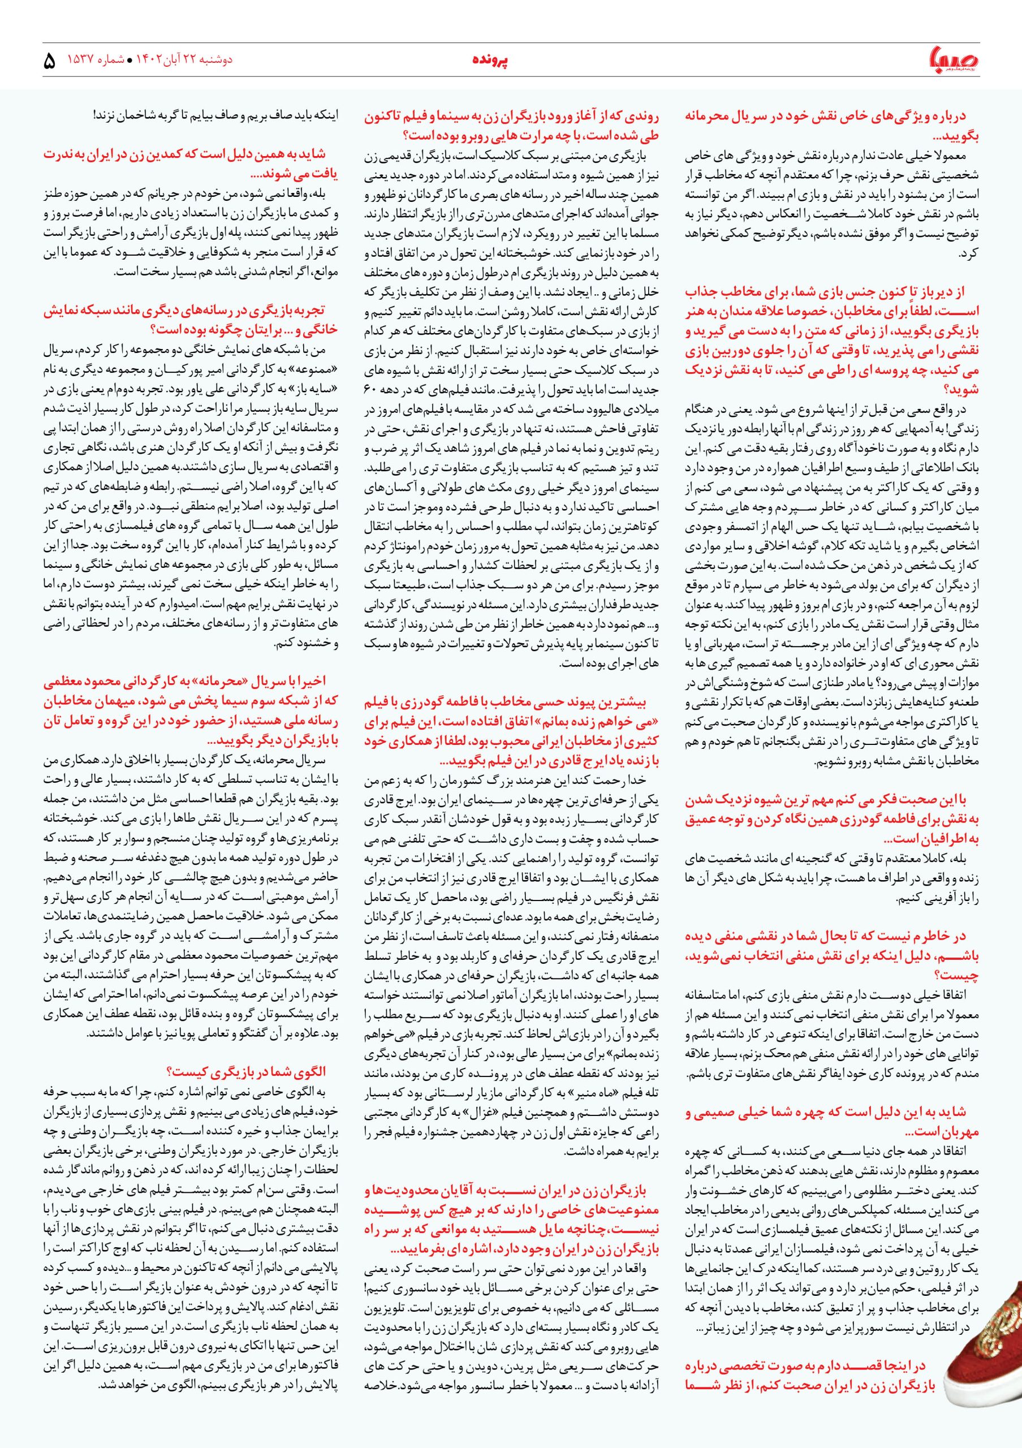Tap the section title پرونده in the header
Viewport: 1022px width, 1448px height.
pyautogui.click(x=490, y=60)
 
